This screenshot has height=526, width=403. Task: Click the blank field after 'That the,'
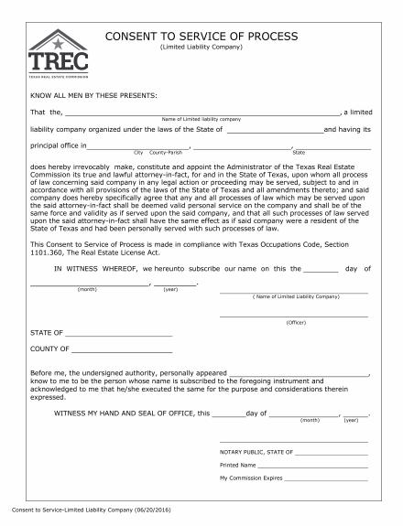pos(201,113)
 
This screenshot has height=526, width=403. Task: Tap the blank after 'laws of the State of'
pos(274,131)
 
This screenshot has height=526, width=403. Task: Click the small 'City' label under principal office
pos(139,152)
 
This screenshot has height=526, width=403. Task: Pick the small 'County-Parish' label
pos(167,152)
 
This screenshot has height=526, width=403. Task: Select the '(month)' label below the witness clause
pos(88,289)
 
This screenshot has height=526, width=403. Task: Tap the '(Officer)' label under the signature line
pos(295,323)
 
